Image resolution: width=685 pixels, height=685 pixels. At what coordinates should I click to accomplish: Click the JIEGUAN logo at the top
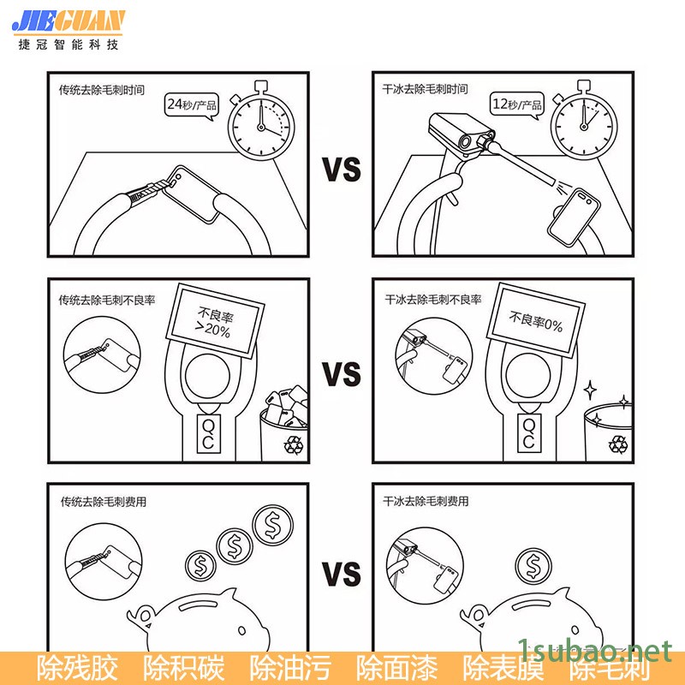pos(68,22)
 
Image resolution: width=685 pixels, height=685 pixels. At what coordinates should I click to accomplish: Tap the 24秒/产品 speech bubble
pos(191,104)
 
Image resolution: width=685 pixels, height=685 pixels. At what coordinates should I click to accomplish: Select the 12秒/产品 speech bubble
pos(517,104)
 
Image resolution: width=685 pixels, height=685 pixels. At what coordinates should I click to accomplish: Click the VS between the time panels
pos(342,170)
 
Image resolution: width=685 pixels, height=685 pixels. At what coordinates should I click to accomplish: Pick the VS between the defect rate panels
pos(342,373)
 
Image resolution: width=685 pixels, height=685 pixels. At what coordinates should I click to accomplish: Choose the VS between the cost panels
pos(342,574)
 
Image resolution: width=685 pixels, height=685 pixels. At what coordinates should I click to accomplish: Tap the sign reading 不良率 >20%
pos(215,321)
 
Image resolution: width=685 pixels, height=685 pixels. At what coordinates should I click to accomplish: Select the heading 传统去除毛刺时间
pos(102,90)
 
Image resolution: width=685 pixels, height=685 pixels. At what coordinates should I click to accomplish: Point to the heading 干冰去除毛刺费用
pos(426,501)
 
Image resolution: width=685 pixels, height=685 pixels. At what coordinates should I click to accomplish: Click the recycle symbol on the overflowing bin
pos(293,444)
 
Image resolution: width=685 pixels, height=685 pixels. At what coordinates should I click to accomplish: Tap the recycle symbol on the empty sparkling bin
pos(618,444)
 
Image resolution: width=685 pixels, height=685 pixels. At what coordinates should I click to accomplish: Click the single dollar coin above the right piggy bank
pos(533,566)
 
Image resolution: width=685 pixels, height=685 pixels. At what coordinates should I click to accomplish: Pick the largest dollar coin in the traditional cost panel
pos(272,525)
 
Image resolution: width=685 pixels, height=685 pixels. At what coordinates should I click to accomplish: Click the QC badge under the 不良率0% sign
pos(529,433)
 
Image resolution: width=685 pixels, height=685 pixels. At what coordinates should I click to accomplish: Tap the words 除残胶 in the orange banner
pos(77,667)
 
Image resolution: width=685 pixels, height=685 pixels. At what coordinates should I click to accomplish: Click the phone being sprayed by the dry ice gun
pos(574,217)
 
